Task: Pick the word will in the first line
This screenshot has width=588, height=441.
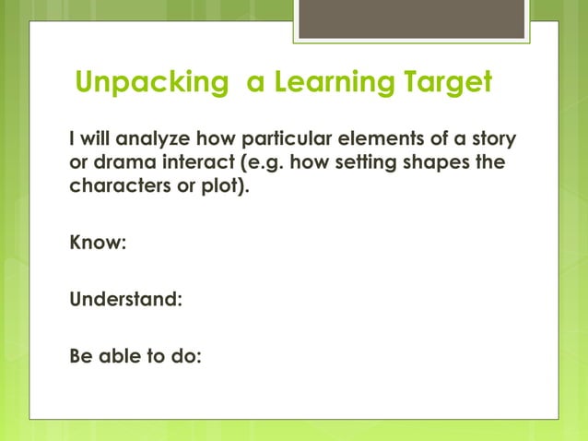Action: (x=96, y=139)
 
